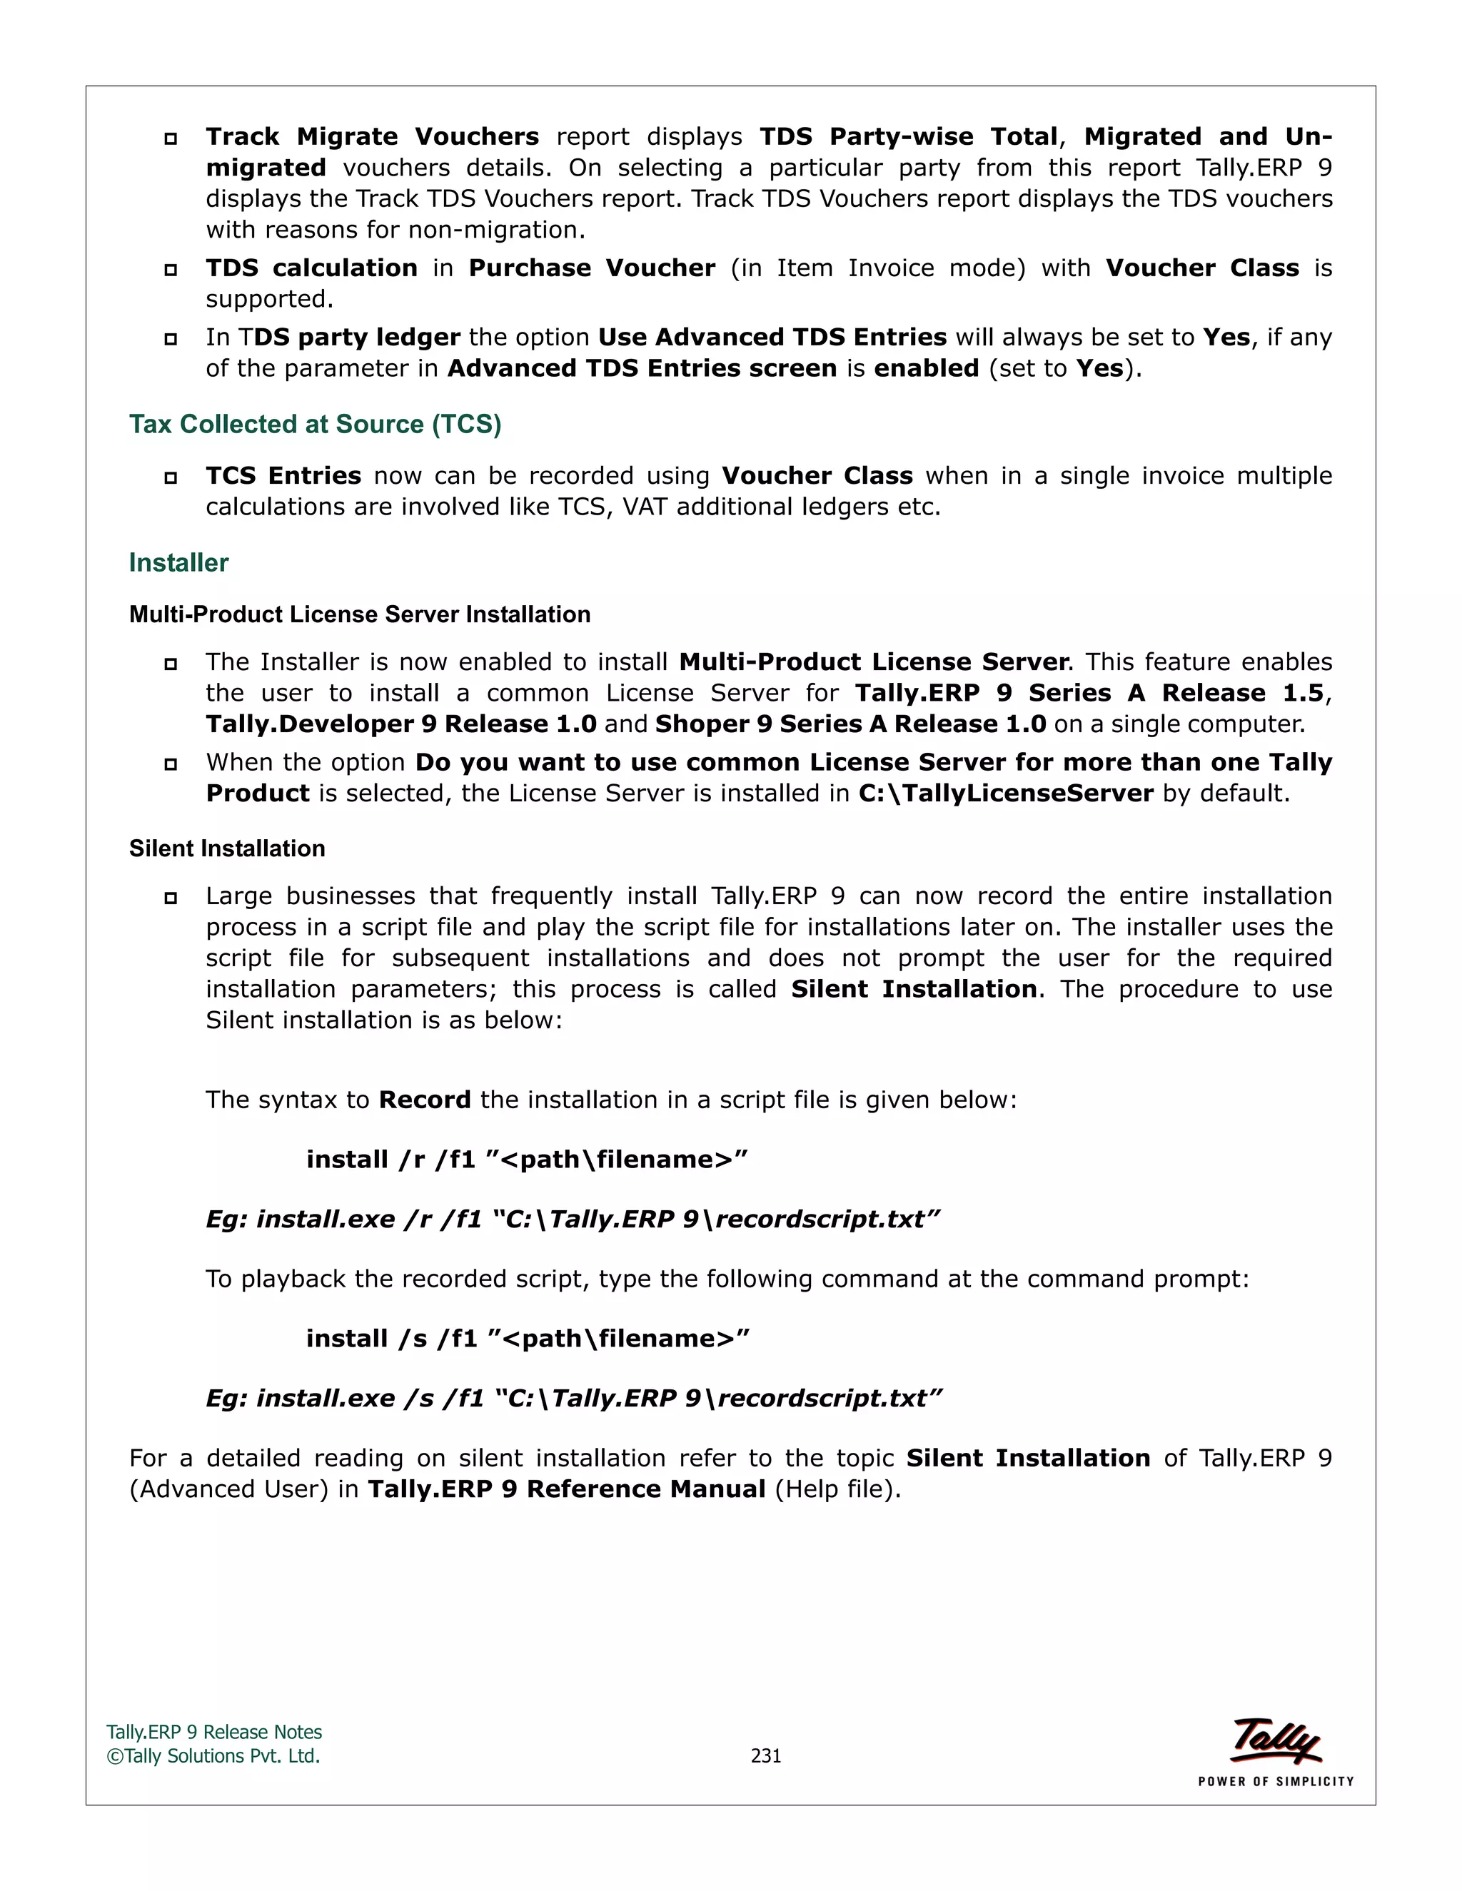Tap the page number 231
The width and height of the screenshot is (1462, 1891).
coord(766,1756)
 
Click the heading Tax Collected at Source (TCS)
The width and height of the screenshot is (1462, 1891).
coord(316,425)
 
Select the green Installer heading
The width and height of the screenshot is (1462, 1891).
coord(178,563)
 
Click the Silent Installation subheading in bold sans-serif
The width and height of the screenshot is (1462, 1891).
coord(227,848)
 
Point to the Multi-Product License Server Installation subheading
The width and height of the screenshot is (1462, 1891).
coord(360,614)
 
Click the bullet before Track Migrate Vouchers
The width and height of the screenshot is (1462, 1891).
coord(171,138)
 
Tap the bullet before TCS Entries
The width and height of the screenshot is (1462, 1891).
coord(171,477)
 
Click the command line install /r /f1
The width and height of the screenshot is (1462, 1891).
coord(527,1160)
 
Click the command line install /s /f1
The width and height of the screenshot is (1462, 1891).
coord(528,1339)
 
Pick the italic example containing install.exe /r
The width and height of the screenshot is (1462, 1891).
coord(573,1219)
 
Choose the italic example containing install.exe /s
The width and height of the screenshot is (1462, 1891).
coord(573,1399)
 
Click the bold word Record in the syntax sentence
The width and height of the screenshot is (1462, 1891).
coord(425,1100)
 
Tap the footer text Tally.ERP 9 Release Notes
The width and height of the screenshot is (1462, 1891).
coord(214,1733)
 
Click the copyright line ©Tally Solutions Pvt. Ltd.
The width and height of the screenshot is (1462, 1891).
coord(213,1756)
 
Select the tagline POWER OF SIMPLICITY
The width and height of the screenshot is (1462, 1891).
coord(1275,1781)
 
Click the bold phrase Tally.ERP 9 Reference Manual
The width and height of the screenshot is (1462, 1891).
coord(566,1489)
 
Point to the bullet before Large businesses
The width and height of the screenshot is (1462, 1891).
coord(171,898)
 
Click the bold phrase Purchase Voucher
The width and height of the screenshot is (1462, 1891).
coord(592,268)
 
